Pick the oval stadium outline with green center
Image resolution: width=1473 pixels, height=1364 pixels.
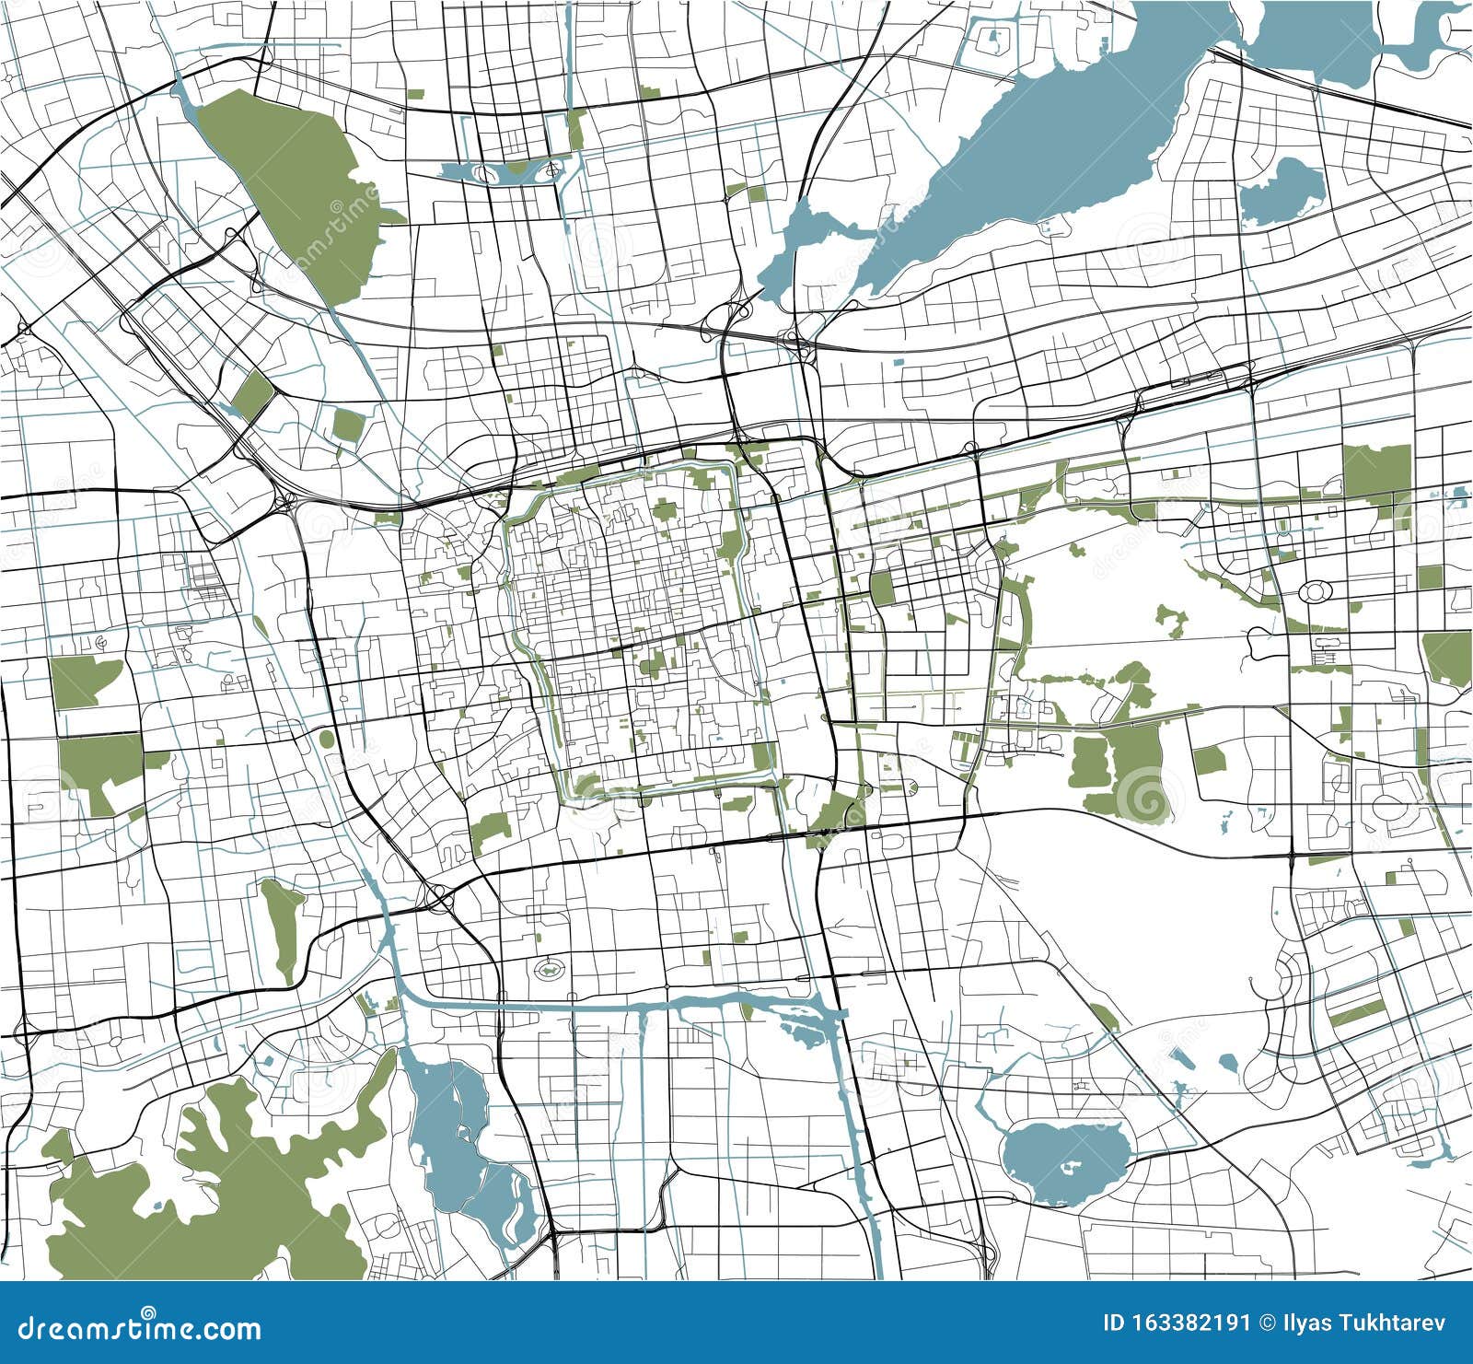(x=551, y=968)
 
